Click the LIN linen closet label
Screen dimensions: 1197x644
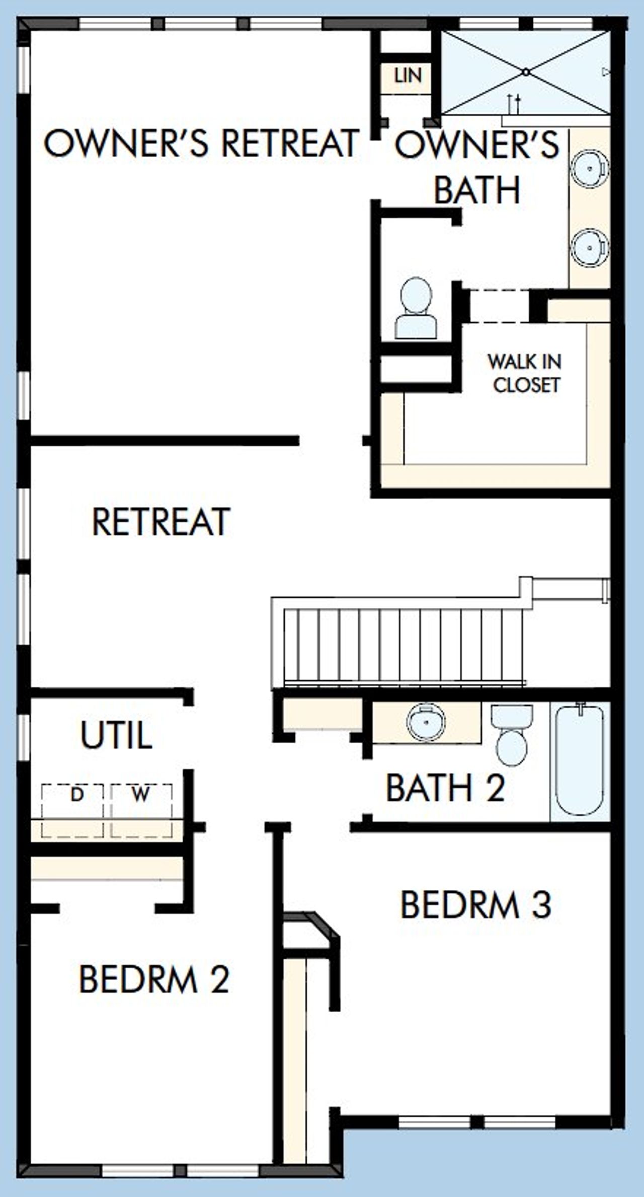pos(408,76)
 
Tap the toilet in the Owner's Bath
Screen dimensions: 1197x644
pos(416,308)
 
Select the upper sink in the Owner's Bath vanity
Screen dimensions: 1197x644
pos(589,168)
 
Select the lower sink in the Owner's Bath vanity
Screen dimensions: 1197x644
pos(589,247)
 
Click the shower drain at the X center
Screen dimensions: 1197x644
pos(526,72)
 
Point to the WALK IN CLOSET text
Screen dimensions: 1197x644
pos(525,373)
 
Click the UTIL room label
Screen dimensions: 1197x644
pos(116,735)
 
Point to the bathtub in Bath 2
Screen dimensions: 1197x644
pos(580,760)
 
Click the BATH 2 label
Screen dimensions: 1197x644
pos(445,788)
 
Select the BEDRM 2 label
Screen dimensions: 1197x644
pos(154,979)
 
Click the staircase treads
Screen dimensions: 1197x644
pos(403,645)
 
